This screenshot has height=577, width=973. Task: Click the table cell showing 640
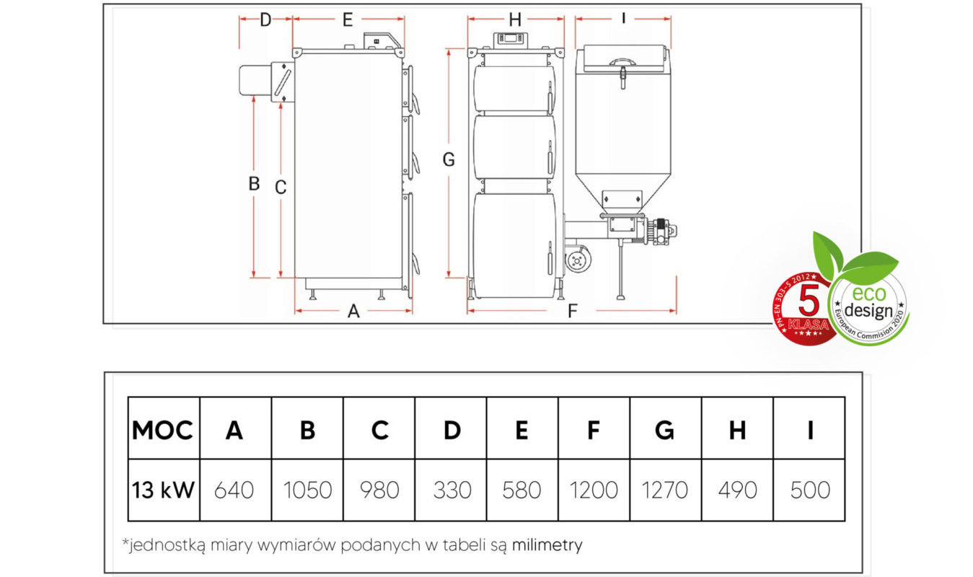[x=234, y=490]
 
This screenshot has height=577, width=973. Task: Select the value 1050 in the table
[x=307, y=490]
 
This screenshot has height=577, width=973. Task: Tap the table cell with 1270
[x=665, y=490]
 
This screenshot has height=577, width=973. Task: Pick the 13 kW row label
[x=163, y=490]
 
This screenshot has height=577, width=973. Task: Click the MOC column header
[x=162, y=430]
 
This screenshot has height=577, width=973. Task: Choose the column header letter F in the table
[x=594, y=430]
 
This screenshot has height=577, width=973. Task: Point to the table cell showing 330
[x=452, y=490]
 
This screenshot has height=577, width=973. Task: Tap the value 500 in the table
[x=810, y=490]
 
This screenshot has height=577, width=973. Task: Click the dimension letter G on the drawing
[x=449, y=159]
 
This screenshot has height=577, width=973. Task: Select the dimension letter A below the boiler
[x=353, y=311]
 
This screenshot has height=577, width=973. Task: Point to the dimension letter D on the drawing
[x=265, y=19]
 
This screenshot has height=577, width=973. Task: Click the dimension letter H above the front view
[x=515, y=19]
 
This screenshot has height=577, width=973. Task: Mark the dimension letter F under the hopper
[x=573, y=311]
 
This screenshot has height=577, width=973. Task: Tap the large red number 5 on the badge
[x=809, y=300]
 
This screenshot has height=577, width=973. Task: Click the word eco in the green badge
[x=868, y=294]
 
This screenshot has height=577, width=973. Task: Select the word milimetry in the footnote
[x=547, y=545]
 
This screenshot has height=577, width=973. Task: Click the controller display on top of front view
[x=511, y=38]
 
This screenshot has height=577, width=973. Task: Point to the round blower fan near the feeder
[x=578, y=260]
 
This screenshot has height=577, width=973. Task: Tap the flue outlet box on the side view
[x=282, y=82]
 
